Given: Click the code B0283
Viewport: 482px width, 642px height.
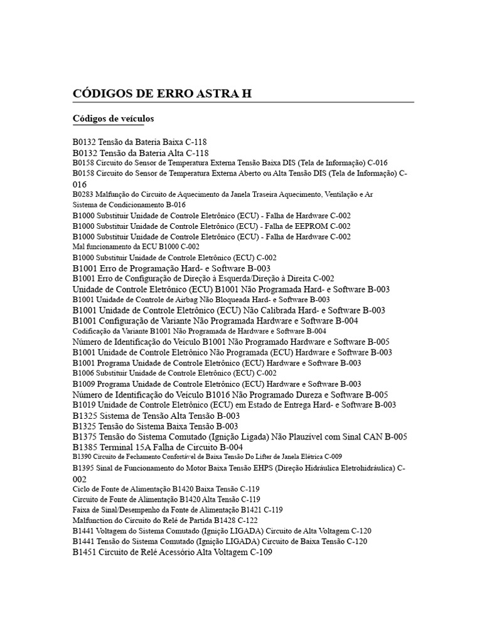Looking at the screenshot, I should (83, 194).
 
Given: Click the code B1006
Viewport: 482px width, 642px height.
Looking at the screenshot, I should (83, 373).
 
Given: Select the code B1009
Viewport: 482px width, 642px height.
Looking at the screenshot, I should (83, 384).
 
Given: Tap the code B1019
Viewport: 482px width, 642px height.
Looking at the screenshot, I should (84, 405).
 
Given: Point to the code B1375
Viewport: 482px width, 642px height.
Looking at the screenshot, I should (85, 436).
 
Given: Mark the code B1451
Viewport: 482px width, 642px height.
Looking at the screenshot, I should (85, 552).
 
